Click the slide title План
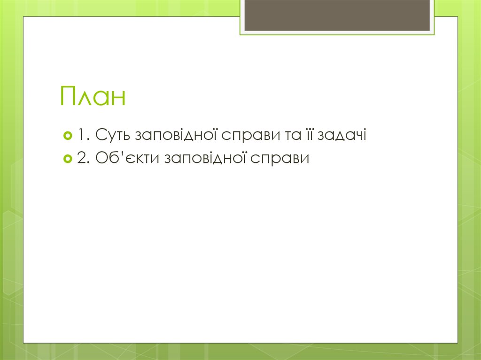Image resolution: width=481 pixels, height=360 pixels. coord(93,96)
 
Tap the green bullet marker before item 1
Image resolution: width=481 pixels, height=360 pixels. coord(67,136)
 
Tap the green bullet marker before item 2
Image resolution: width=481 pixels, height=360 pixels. coord(67,159)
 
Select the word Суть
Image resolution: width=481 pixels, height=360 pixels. coord(113,135)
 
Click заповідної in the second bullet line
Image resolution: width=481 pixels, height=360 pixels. coord(206,159)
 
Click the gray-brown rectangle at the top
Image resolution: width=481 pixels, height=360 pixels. coord(337,15)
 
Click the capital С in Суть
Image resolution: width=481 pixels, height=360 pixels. coord(100,135)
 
